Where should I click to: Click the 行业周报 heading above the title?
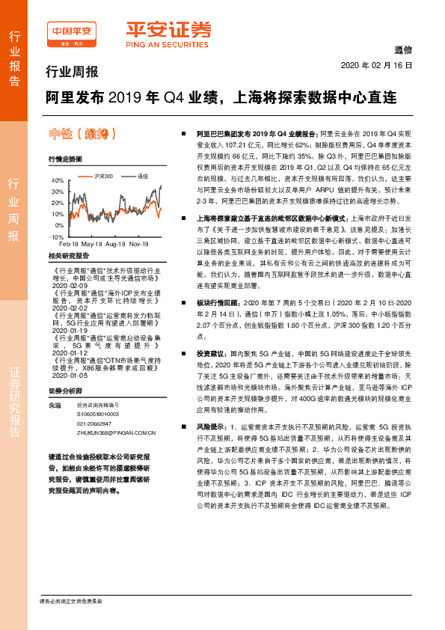67,73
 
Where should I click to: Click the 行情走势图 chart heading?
64,159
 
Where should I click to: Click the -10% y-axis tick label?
56,236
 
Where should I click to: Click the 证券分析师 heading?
65,391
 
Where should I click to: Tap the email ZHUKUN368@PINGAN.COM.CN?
116,432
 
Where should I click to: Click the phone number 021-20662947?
102,423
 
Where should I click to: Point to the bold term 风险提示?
210,426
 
